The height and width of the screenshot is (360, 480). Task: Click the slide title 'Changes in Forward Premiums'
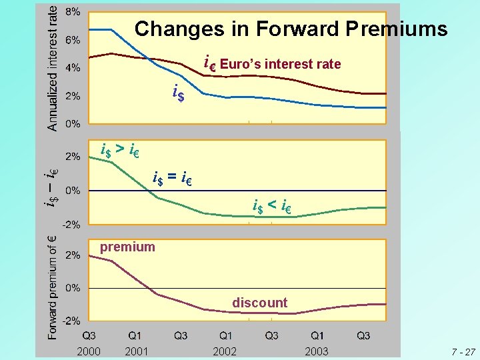pos(291,29)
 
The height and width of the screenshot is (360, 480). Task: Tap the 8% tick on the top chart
pos(73,12)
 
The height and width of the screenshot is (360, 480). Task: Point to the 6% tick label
pos(73,40)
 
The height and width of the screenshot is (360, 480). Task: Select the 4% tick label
pos(73,68)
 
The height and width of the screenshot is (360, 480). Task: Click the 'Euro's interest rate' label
pos(280,65)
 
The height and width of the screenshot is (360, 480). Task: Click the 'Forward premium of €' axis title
pos(51,287)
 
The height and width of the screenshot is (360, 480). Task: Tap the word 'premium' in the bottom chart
pos(127,247)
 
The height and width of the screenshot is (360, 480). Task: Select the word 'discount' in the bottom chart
pos(259,303)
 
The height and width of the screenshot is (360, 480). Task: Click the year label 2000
pos(89,351)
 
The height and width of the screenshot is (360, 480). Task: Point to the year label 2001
pos(135,351)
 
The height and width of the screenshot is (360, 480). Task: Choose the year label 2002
pos(225,351)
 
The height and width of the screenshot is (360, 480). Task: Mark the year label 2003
pos(316,351)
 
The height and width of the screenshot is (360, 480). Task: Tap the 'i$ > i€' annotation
pos(119,149)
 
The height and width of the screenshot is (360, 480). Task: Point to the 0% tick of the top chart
pos(73,124)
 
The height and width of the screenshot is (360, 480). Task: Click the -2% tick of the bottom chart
pos(71,321)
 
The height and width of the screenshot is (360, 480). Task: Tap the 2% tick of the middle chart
pos(73,157)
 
